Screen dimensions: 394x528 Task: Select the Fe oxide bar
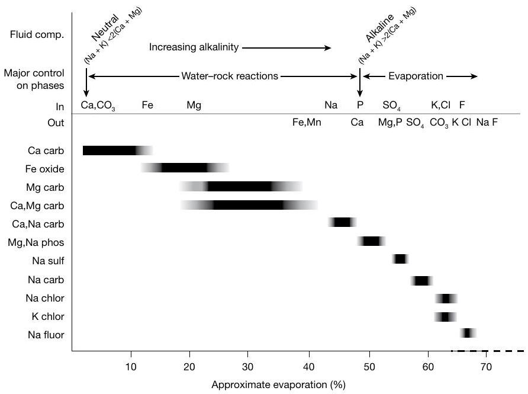click(x=185, y=168)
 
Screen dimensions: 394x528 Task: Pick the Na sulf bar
click(x=400, y=259)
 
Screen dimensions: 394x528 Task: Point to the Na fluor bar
click(x=468, y=333)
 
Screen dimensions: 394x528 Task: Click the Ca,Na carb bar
click(x=342, y=222)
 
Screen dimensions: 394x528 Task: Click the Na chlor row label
click(x=45, y=297)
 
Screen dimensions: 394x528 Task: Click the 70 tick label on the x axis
click(x=485, y=366)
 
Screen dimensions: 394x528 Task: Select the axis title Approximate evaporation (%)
click(x=278, y=385)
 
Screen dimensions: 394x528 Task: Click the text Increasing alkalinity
click(x=193, y=48)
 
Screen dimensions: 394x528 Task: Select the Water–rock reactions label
click(x=229, y=76)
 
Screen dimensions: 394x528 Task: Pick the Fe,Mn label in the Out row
click(x=307, y=123)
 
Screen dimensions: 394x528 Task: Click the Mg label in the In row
click(x=194, y=105)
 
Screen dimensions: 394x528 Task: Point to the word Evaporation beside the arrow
click(x=416, y=76)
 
